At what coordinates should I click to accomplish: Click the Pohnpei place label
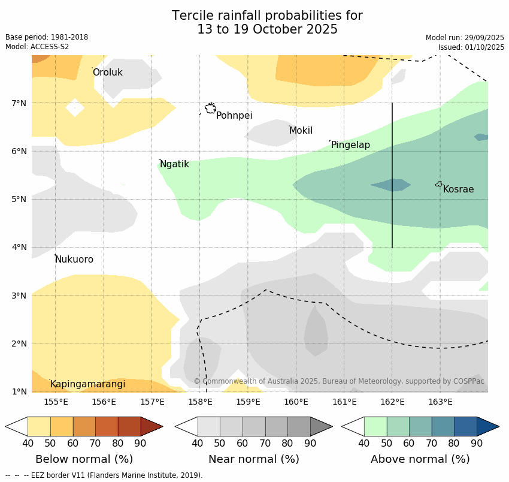[234, 116]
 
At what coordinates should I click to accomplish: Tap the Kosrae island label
[458, 189]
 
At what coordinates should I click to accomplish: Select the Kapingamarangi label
[87, 384]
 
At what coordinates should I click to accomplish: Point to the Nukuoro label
[74, 260]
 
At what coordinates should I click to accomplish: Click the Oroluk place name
[107, 73]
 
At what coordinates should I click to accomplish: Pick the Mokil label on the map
[301, 131]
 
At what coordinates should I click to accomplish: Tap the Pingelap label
[350, 145]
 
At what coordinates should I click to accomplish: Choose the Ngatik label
[174, 164]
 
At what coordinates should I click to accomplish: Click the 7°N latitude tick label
[19, 103]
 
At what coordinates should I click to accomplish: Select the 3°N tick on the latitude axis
[19, 296]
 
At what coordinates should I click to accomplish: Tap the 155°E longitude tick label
[56, 402]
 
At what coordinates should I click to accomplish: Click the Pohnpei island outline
[210, 109]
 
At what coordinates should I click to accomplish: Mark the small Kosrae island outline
[439, 184]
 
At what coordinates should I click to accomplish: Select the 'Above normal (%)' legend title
[420, 459]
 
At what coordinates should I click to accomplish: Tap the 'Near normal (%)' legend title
[253, 459]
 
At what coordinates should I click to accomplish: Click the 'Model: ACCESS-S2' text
[37, 47]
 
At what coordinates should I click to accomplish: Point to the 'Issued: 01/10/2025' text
[471, 47]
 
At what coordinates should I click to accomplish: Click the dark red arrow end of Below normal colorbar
[153, 426]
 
